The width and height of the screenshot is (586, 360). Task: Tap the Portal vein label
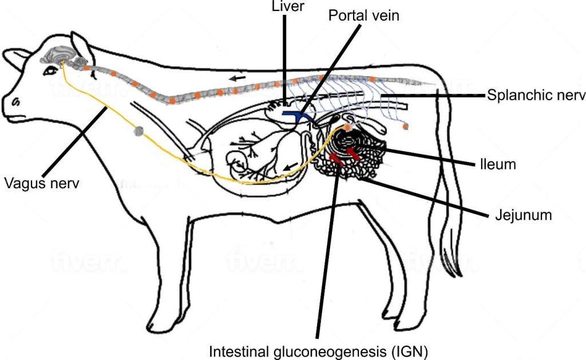tap(364, 15)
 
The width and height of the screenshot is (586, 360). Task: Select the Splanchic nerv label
tap(536, 95)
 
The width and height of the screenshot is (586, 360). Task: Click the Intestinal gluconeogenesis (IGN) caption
tap(319, 350)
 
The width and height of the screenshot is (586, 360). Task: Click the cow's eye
tap(52, 69)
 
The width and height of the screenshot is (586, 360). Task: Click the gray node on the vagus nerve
tap(137, 132)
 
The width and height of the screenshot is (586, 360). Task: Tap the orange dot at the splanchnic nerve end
tap(406, 126)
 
